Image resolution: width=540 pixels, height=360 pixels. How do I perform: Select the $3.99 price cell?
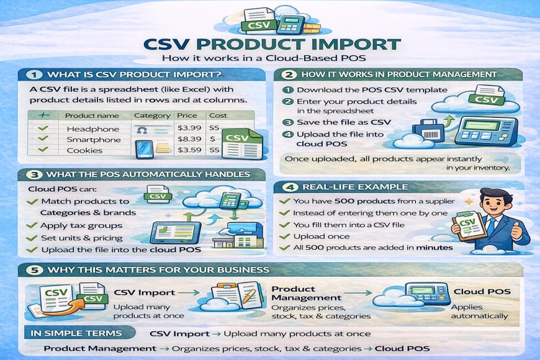tap(188, 128)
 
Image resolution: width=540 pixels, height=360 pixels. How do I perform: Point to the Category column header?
tap(151, 115)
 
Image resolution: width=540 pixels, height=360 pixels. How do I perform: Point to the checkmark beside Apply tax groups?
tap(32, 226)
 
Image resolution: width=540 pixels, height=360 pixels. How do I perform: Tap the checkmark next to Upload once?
tap(284, 236)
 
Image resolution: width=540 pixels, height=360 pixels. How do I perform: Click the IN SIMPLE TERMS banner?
tap(76, 333)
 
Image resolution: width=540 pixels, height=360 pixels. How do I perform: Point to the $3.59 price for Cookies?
tap(188, 150)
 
